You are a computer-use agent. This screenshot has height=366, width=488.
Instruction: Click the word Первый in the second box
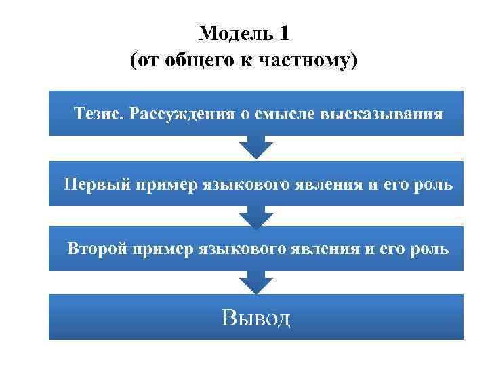point(97,184)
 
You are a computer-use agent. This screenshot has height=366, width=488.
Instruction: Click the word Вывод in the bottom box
point(256,317)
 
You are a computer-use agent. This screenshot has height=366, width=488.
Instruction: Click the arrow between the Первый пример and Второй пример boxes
point(256,216)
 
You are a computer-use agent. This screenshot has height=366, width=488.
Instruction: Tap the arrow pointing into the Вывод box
point(256,282)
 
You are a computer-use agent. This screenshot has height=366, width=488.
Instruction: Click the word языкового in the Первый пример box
point(245,184)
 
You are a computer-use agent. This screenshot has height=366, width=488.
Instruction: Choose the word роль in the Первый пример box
point(433,184)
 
